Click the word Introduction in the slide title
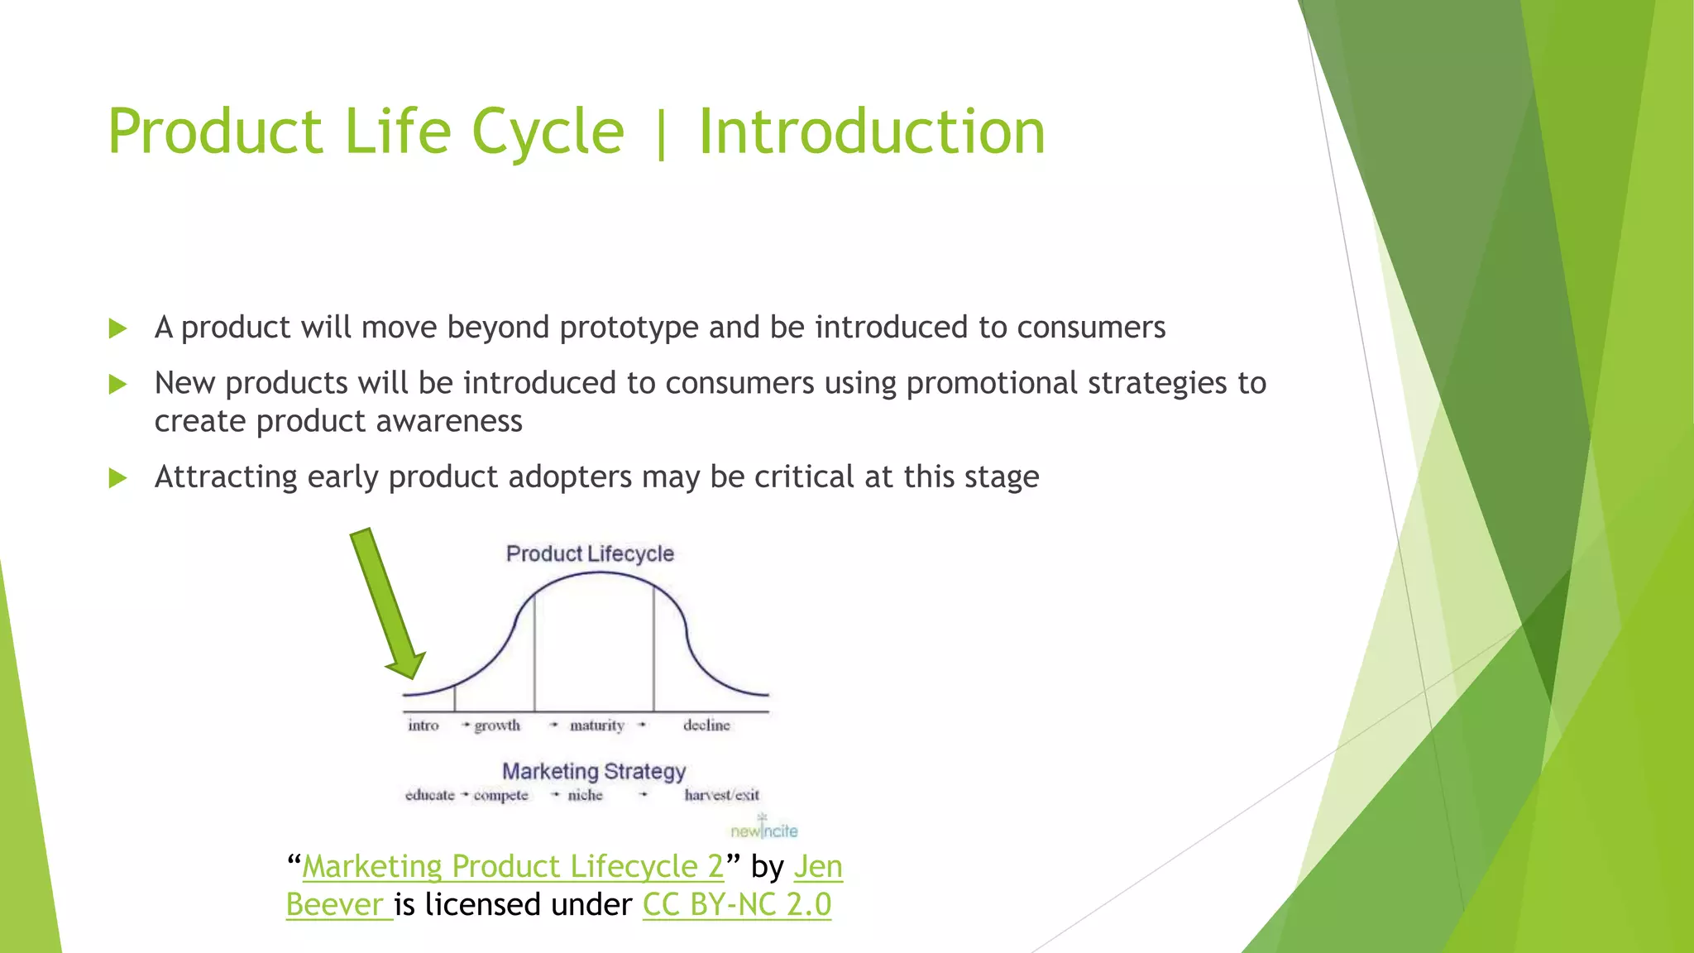pyautogui.click(x=872, y=132)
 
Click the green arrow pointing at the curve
pyautogui.click(x=387, y=604)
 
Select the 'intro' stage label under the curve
pyautogui.click(x=423, y=726)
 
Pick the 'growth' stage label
pyautogui.click(x=497, y=726)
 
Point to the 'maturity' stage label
pyautogui.click(x=596, y=726)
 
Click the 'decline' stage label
pyautogui.click(x=706, y=726)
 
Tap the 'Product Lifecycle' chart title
pyautogui.click(x=590, y=553)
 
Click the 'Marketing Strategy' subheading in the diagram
pyautogui.click(x=594, y=771)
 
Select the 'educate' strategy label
pyautogui.click(x=430, y=795)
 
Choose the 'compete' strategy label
pyautogui.click(x=500, y=796)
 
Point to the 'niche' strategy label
pyautogui.click(x=585, y=795)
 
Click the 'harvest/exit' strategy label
pyautogui.click(x=721, y=795)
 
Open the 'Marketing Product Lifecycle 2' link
pyautogui.click(x=513, y=866)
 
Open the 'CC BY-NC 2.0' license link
pyautogui.click(x=737, y=904)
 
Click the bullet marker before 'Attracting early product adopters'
pyautogui.click(x=117, y=478)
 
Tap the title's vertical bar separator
pyautogui.click(x=661, y=133)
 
